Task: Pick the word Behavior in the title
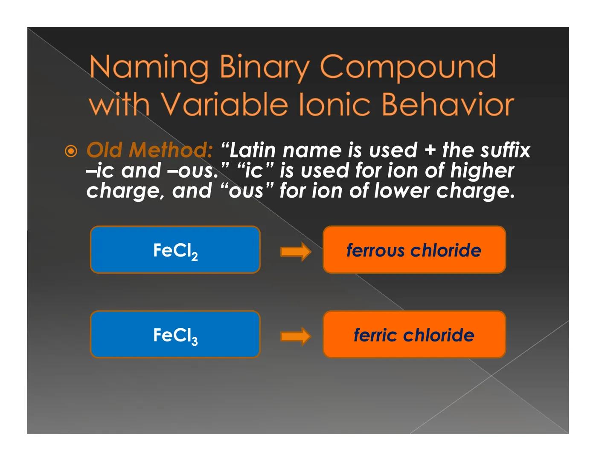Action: pyautogui.click(x=448, y=105)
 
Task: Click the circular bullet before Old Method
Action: pyautogui.click(x=71, y=152)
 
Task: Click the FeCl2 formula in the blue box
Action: pyautogui.click(x=175, y=251)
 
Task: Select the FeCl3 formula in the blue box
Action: pyautogui.click(x=175, y=336)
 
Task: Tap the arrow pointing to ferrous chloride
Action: pyautogui.click(x=295, y=251)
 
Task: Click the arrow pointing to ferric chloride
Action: pyautogui.click(x=295, y=336)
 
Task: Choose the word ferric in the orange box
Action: pyautogui.click(x=375, y=335)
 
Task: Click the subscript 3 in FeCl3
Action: pyautogui.click(x=195, y=341)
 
